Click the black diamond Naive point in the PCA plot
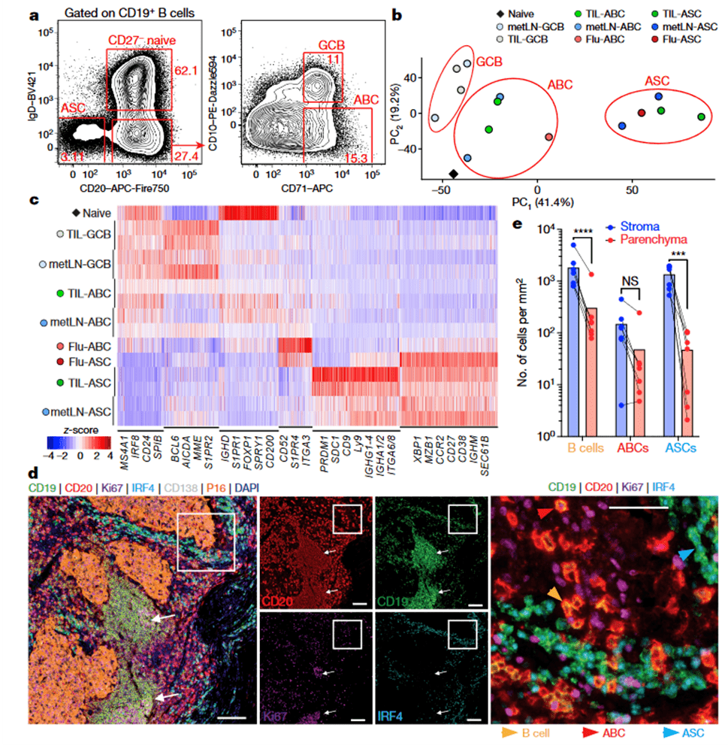pyautogui.click(x=453, y=174)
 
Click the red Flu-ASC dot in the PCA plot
pyautogui.click(x=642, y=114)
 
